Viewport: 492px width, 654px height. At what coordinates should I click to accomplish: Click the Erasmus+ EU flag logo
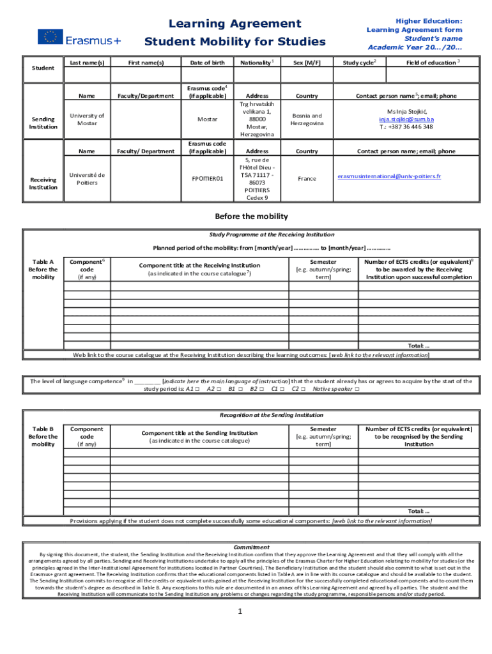pyautogui.click(x=50, y=37)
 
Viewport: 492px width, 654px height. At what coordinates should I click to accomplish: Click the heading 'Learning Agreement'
pyautogui.click(x=234, y=24)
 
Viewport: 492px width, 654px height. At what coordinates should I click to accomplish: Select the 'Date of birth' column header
pyautogui.click(x=207, y=63)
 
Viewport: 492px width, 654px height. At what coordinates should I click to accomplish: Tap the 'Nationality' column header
pyautogui.click(x=256, y=63)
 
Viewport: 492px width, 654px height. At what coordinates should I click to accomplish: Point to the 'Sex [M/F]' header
pyautogui.click(x=307, y=63)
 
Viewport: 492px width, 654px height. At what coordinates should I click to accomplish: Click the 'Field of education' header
pyautogui.click(x=433, y=63)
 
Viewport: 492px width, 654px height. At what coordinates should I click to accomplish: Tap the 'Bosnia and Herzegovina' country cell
pyautogui.click(x=307, y=119)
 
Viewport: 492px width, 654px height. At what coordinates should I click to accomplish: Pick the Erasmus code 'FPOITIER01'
pyautogui.click(x=207, y=179)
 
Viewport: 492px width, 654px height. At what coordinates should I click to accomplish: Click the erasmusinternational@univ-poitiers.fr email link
pyautogui.click(x=388, y=176)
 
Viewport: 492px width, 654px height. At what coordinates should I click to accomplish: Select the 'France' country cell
pyautogui.click(x=307, y=179)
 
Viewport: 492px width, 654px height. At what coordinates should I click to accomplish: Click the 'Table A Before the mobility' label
pyautogui.click(x=43, y=270)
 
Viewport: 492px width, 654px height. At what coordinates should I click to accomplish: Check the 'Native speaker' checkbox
pyautogui.click(x=357, y=389)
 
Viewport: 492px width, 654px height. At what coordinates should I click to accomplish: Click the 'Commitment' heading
pyautogui.click(x=251, y=547)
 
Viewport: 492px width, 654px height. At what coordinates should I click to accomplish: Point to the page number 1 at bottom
pyautogui.click(x=239, y=611)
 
